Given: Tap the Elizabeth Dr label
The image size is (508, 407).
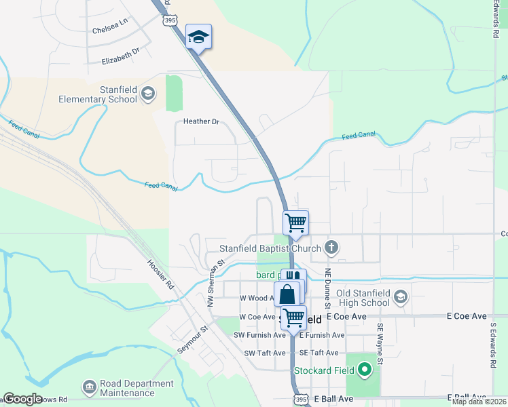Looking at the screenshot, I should [x=120, y=56].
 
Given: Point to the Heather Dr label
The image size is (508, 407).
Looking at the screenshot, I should [x=202, y=122].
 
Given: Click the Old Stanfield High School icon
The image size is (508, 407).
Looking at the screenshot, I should [x=401, y=296].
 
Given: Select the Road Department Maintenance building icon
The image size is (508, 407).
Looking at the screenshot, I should [x=89, y=387].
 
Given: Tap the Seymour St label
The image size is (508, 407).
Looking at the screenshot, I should [x=191, y=336].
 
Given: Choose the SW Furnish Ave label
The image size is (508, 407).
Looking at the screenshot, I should [x=259, y=335].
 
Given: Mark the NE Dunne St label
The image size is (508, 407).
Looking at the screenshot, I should [x=327, y=288].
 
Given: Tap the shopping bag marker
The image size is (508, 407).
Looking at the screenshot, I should [x=287, y=295].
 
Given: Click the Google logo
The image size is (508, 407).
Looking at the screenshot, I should [x=22, y=399].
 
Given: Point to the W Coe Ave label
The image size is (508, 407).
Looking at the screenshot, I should [x=255, y=317].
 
